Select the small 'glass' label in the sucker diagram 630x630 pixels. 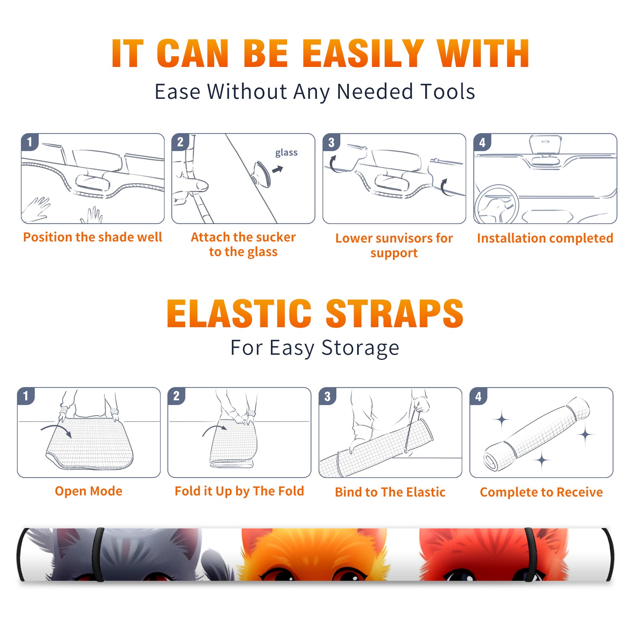286,153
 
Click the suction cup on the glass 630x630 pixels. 262,174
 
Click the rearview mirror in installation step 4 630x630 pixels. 545,145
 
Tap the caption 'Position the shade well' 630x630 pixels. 93,237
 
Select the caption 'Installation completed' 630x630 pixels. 545,238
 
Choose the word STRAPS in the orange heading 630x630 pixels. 395,313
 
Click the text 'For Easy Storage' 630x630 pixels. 315,348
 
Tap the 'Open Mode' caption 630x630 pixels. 89,491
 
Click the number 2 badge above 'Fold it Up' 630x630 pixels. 176,396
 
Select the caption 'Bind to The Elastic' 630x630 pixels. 390,492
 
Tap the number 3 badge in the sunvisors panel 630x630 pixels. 331,143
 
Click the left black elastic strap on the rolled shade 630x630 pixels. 98,555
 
